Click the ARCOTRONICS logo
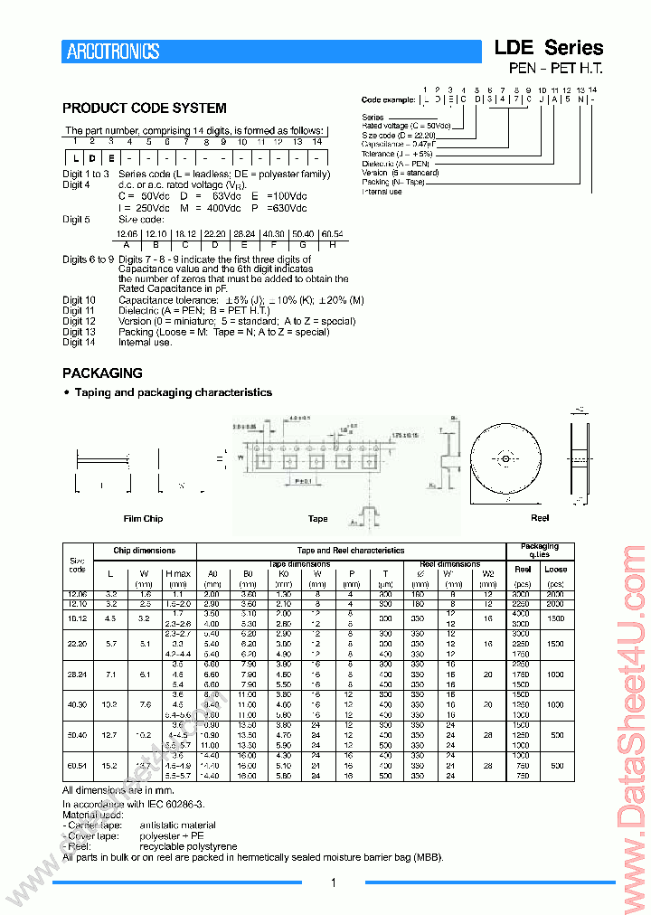(x=113, y=52)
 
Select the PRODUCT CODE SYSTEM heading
(x=145, y=108)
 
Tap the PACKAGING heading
(x=102, y=373)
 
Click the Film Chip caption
(x=143, y=519)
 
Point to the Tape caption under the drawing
(x=317, y=519)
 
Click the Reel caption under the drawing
(x=540, y=518)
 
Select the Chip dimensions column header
(x=144, y=550)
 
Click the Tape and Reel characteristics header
(x=351, y=550)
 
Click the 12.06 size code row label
(x=78, y=594)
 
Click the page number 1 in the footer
(x=334, y=883)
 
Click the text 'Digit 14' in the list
(x=79, y=342)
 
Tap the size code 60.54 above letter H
(x=332, y=234)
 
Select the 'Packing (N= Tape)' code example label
(x=393, y=183)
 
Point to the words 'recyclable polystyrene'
(x=188, y=846)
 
